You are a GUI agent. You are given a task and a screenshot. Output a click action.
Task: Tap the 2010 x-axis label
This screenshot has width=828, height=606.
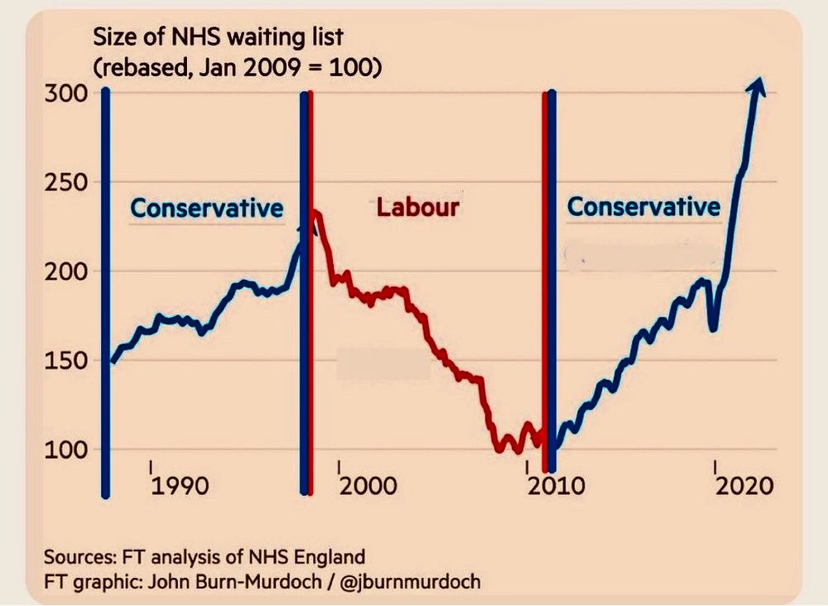[x=553, y=484]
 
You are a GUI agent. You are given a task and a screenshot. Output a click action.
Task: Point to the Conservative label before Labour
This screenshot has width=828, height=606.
[x=207, y=208]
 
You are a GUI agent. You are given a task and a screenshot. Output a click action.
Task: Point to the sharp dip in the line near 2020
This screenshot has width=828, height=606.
[x=713, y=328]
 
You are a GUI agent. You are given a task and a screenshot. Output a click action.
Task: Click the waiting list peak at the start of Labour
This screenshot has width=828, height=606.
[x=315, y=214]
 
